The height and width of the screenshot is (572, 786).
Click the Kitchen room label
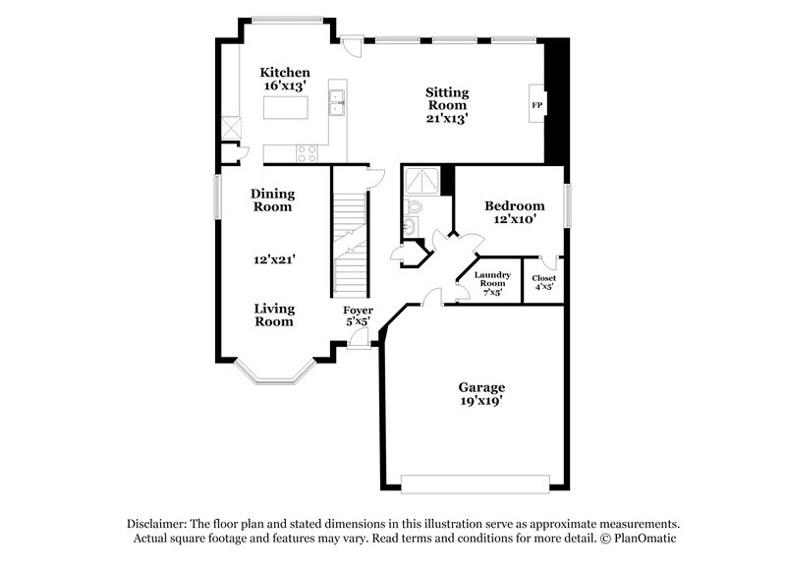pos(285,73)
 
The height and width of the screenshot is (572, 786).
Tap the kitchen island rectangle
pos(285,106)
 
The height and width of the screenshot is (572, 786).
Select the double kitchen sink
pos(338,98)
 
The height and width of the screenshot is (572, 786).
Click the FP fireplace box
pos(537,105)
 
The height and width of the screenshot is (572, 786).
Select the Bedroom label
pos(514,205)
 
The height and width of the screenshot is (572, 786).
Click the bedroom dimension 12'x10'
pos(514,220)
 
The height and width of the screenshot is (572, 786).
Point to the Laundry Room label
pos(492,279)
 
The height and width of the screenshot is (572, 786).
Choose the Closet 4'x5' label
pos(543,283)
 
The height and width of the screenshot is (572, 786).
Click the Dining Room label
pos(271,200)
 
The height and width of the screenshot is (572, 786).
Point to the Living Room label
pos(274,315)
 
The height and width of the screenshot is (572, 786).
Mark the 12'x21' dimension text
pos(274,260)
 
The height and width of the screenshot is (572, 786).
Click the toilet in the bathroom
pos(414,207)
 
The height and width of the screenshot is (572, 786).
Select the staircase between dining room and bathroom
pos(349,236)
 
